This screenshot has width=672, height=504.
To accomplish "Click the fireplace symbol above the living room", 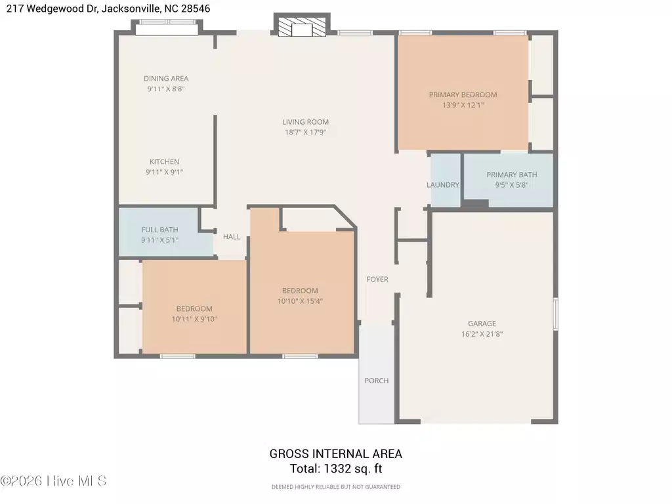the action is pos(302,25).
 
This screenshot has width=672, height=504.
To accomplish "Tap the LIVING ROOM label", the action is pos(305,122).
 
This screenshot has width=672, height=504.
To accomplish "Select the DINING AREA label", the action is pos(166,79).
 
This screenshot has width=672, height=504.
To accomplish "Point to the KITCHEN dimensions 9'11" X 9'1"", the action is pos(164,172).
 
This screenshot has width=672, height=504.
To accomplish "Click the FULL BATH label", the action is pos(159,230).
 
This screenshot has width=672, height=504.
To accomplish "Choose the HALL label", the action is pos(232,236).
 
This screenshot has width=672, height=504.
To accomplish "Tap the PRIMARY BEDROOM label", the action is pos(463,94).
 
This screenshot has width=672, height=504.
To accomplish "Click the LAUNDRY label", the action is pos(443,184).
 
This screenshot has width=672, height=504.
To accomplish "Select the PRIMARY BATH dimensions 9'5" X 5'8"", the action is pos(512,185).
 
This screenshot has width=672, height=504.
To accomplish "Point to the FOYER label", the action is pos(377,280).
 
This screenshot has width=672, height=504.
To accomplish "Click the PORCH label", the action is pos(377,381).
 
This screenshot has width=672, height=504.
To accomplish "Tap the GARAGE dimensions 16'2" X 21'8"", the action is pos(482,334).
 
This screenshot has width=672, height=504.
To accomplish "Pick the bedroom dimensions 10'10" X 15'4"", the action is pos(300,301).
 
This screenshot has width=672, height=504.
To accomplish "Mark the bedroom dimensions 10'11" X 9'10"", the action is pos(194,319).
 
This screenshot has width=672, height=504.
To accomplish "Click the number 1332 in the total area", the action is pos(337,469).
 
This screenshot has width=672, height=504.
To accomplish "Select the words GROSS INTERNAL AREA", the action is pos(335,454).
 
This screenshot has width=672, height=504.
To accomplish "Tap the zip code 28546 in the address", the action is pos(196,9).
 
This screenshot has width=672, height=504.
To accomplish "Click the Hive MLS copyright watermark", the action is pos(53,481).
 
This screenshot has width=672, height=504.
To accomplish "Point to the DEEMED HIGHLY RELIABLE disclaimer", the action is pos(335,487).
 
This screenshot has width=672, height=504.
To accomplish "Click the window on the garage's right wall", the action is pos(555,314).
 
